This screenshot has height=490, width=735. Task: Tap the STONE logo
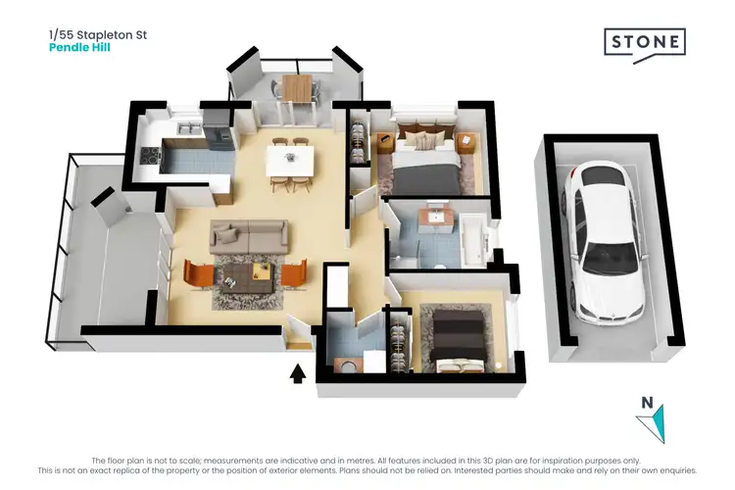644,43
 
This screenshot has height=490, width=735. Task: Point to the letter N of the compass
645,401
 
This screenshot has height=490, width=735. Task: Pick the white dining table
290,160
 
